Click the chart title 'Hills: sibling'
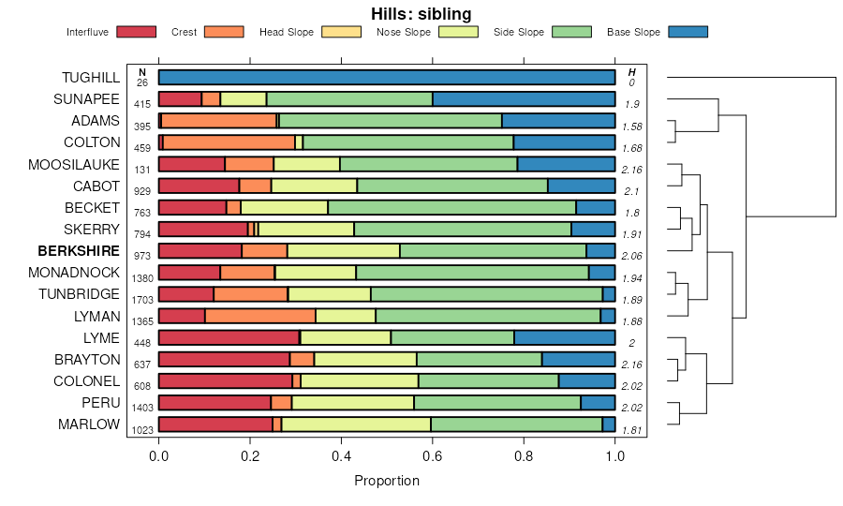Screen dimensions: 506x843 (x=421, y=13)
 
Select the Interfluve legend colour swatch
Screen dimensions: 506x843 (x=137, y=32)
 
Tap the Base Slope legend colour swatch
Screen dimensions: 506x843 (x=688, y=32)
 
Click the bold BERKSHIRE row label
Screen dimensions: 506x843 (x=79, y=251)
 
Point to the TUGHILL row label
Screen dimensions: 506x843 (x=91, y=78)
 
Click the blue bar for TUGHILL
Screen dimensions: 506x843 (x=387, y=78)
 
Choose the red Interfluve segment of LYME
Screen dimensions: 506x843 (x=229, y=338)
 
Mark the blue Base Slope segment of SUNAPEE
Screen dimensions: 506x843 (x=524, y=99)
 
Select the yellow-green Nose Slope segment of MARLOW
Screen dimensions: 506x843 (x=356, y=424)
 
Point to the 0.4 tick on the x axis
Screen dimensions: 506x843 (x=342, y=443)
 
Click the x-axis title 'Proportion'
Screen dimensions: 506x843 (x=387, y=481)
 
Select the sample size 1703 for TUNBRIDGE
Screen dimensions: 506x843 (x=143, y=300)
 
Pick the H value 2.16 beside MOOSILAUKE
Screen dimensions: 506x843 (x=632, y=170)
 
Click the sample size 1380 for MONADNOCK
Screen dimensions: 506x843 (x=143, y=278)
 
